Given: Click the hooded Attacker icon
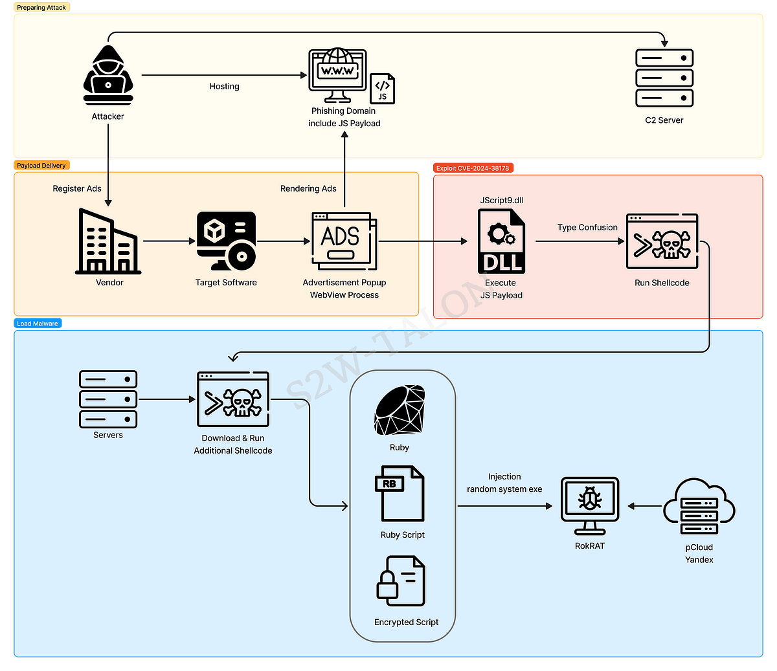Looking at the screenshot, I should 108,75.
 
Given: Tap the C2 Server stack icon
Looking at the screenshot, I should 664,78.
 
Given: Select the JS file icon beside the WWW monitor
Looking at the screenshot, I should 382,89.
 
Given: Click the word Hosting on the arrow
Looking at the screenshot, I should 224,86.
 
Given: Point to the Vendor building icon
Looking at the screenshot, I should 108,241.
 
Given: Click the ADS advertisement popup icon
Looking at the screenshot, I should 344,241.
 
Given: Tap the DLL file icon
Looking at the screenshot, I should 502,241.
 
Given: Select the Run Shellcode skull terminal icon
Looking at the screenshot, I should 662,241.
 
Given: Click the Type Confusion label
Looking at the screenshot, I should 587,227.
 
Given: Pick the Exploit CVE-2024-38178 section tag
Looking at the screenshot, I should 473,168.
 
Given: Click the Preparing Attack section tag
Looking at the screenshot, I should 41,7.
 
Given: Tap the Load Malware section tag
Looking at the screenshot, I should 38,324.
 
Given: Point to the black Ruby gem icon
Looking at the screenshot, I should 400,410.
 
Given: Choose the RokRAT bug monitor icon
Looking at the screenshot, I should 589,505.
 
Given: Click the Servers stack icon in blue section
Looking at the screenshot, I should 108,399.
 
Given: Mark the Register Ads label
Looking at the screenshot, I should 77,188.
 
